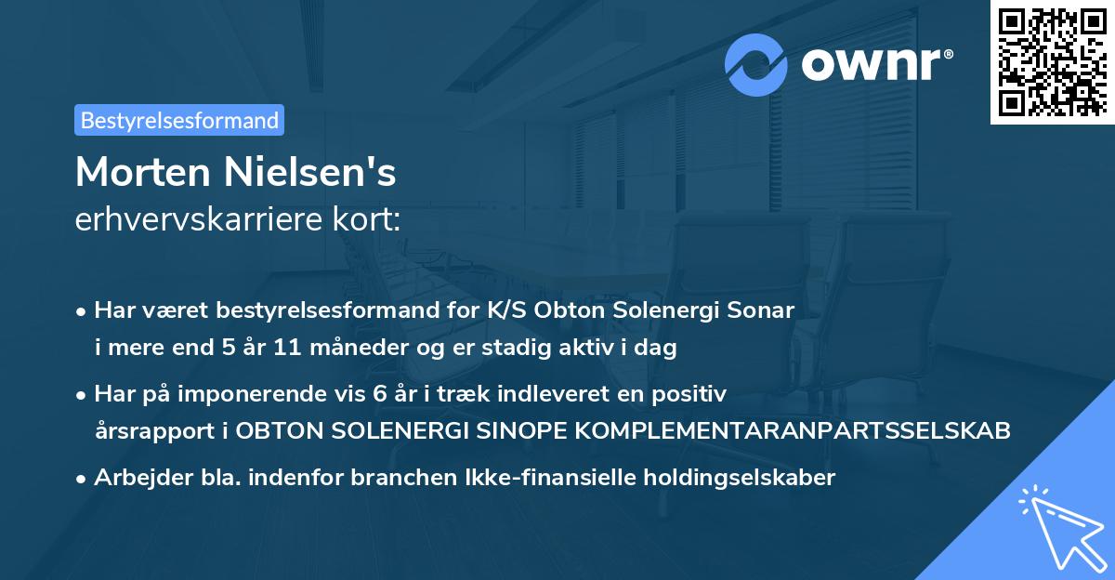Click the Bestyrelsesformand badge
pyautogui.click(x=179, y=120)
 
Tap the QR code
pyautogui.click(x=1052, y=62)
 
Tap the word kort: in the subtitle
pyautogui.click(x=371, y=220)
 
